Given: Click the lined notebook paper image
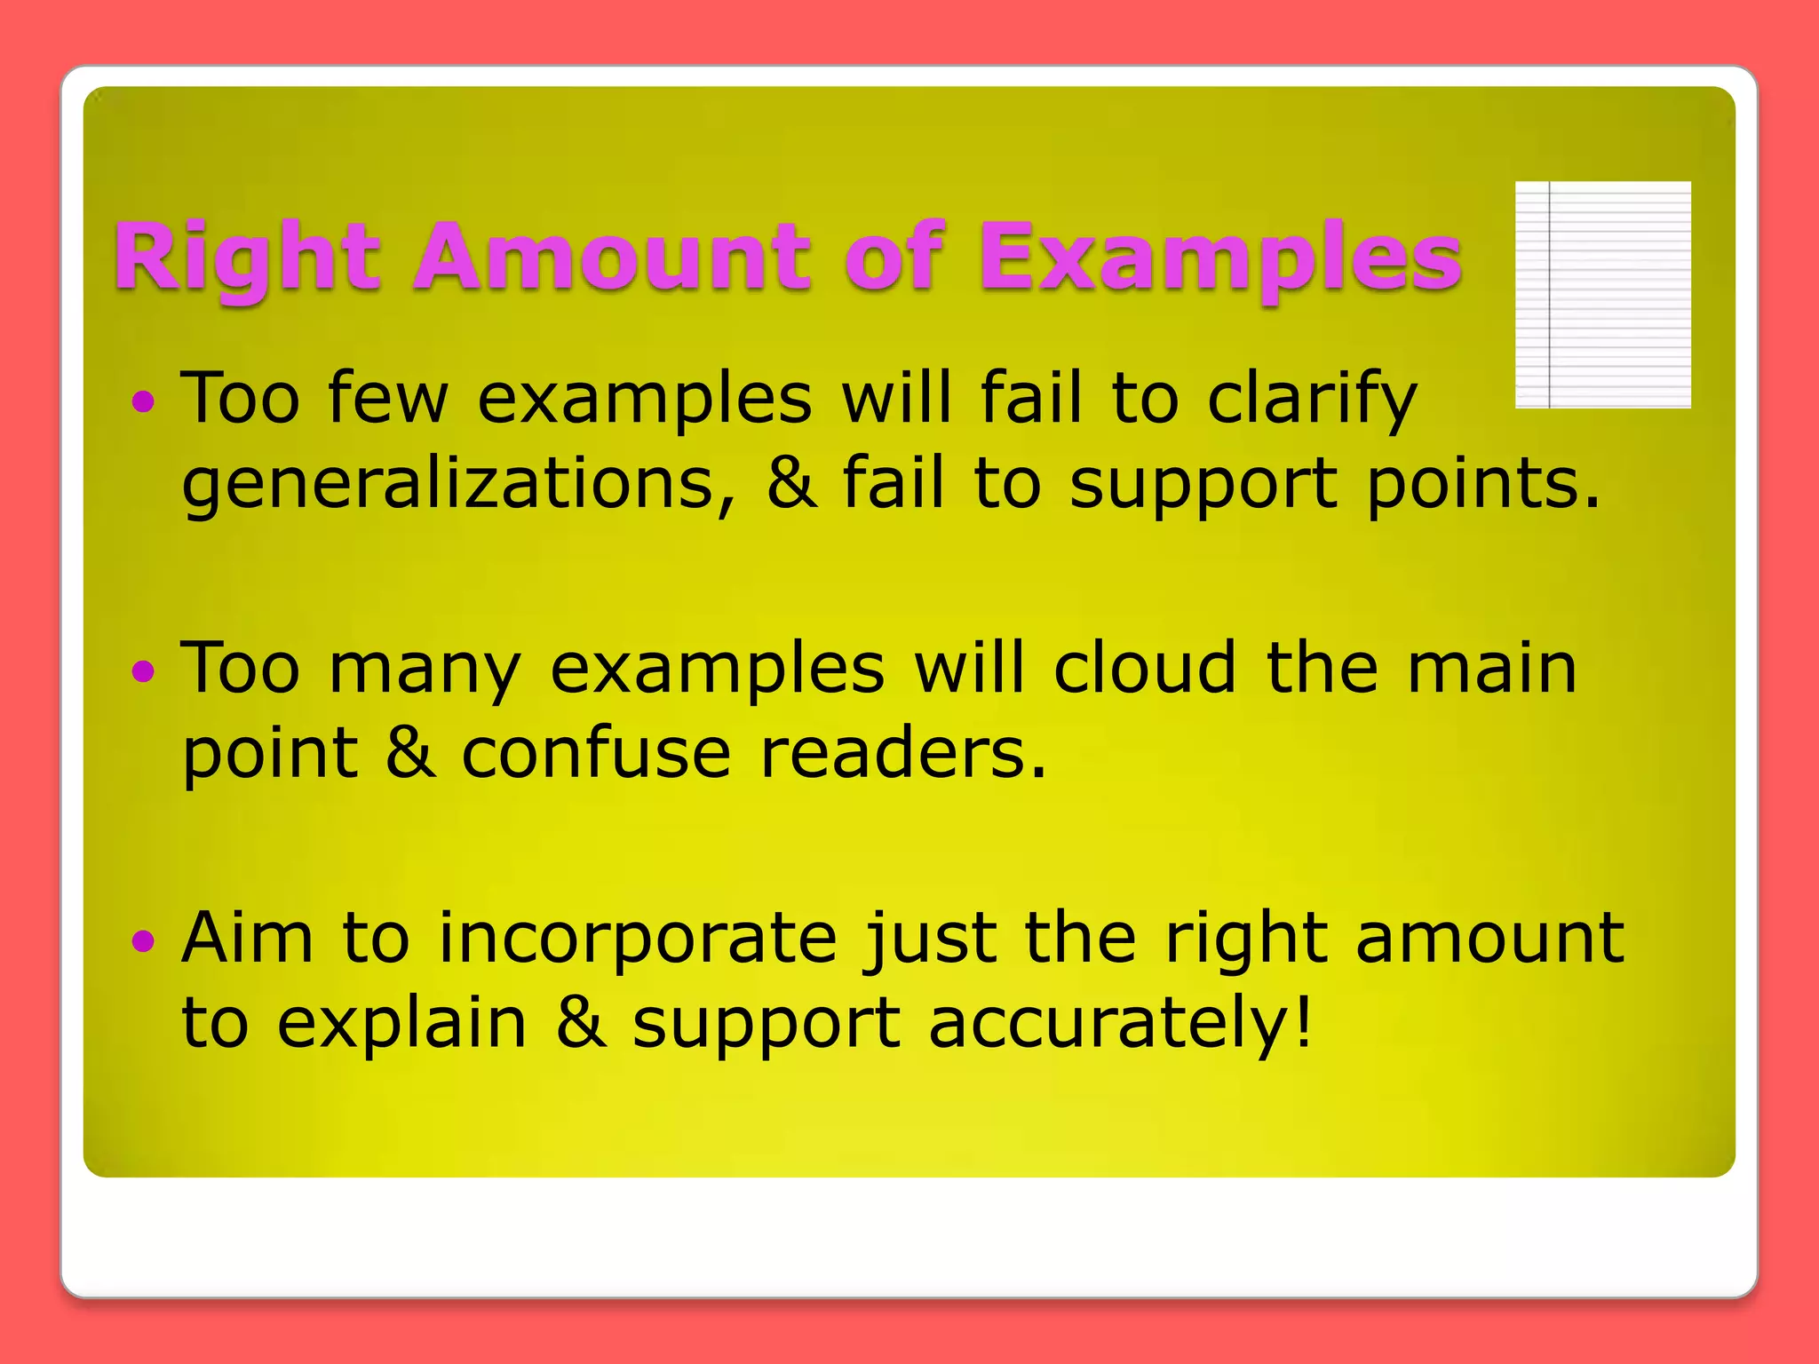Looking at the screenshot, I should pos(1602,295).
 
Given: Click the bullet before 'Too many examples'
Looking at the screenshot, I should pos(143,672).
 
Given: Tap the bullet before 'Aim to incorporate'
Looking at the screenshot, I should pos(143,941).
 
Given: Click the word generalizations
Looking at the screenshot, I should pos(459,485).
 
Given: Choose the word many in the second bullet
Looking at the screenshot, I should pos(424,669).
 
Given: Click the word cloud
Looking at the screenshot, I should pos(1144,669).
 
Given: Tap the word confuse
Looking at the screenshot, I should pos(596,754).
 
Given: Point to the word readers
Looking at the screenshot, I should pos(903,754).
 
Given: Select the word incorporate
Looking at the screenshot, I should pos(638,938).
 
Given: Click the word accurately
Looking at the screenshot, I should pos(1119,1023).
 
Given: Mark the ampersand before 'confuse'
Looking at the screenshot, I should pos(409,754).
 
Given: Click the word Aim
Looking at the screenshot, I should pos(247,938).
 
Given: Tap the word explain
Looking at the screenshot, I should pos(401,1023).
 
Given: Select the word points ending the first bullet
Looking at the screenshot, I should pos(1481,485).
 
